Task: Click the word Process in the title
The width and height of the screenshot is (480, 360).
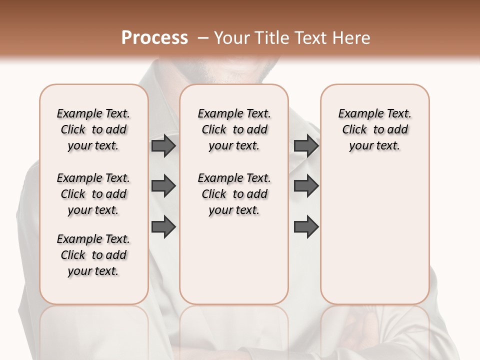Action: pos(154,38)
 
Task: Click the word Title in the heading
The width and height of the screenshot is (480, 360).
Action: pos(270,38)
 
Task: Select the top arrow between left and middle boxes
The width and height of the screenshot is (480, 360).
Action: pos(163,146)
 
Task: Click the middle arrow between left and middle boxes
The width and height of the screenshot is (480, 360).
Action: pos(163,186)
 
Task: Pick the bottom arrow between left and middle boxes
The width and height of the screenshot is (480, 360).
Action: pos(163,226)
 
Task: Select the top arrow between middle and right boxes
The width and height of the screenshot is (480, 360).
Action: pos(306,146)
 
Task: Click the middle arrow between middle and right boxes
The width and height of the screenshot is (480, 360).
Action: pos(306,186)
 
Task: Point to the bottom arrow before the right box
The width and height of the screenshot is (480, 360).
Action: pos(306,226)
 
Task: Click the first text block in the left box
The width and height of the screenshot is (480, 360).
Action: pos(93,129)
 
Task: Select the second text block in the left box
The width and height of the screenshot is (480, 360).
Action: pos(93,194)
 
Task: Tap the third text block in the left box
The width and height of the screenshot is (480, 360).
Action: pos(93,255)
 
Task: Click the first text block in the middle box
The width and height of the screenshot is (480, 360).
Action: pos(234,129)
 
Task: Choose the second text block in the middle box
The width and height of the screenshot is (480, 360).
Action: pos(234,194)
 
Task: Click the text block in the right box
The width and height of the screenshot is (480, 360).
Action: pos(374,129)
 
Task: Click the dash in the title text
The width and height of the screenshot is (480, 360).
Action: pos(202,38)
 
